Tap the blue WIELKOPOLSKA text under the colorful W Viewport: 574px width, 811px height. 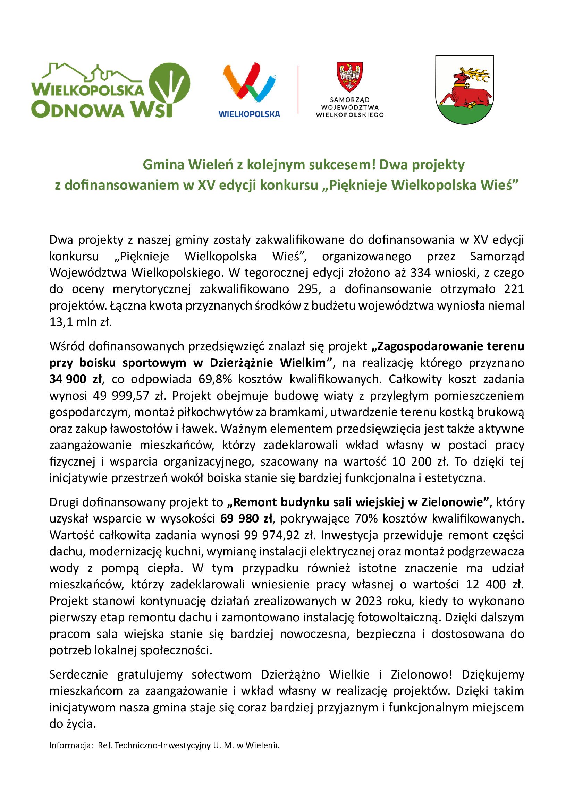click(249, 114)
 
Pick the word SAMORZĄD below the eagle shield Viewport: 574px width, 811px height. click(349, 100)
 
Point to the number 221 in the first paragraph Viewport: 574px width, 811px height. click(514, 289)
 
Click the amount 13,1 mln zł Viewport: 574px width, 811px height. click(80, 322)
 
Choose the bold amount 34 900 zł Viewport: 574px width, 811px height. click(76, 379)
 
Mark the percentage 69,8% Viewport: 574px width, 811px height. click(215, 379)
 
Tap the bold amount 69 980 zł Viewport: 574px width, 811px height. click(246, 518)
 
